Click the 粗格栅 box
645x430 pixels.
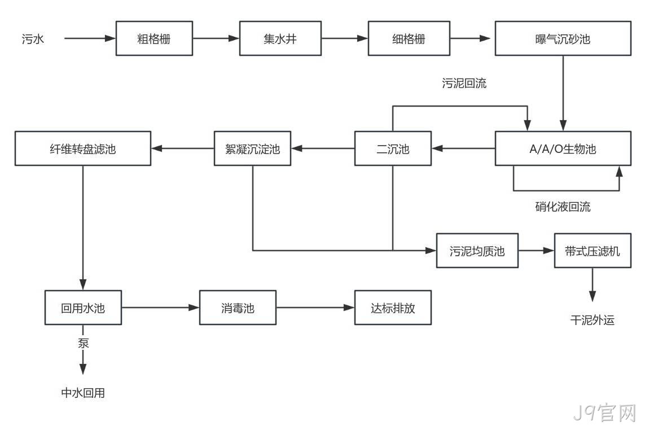coord(154,38)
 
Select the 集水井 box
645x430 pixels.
coord(280,38)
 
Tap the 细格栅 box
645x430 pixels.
coord(409,38)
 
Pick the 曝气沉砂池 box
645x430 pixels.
coord(563,38)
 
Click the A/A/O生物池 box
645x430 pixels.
coord(563,148)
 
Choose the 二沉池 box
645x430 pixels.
coord(393,148)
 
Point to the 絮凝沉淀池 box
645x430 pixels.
coord(253,148)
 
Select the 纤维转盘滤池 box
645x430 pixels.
coord(83,148)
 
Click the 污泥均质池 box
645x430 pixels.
coord(477,251)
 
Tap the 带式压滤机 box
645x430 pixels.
coord(593,251)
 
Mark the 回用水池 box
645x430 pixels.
coord(83,308)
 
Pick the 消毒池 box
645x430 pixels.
coord(238,308)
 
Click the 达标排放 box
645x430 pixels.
coord(393,308)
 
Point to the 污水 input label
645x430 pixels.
coord(33,39)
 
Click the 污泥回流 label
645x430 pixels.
coord(464,83)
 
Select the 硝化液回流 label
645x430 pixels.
coord(563,207)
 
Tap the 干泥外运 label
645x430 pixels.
coord(593,320)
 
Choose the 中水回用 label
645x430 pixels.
coord(83,393)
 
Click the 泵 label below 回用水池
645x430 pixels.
coord(83,343)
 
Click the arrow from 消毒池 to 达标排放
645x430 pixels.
coord(315,308)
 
